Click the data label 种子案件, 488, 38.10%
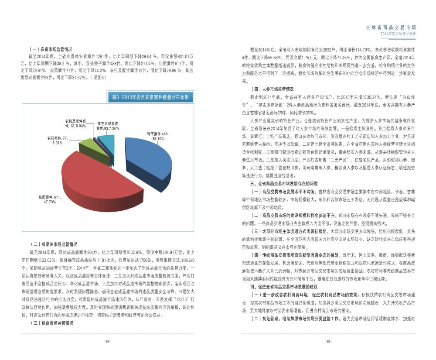[x=158, y=136]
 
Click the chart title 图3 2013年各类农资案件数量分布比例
[x=150, y=97]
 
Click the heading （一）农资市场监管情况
[x=51, y=49]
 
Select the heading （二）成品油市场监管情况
[x=53, y=245]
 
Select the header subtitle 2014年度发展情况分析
[x=398, y=34]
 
